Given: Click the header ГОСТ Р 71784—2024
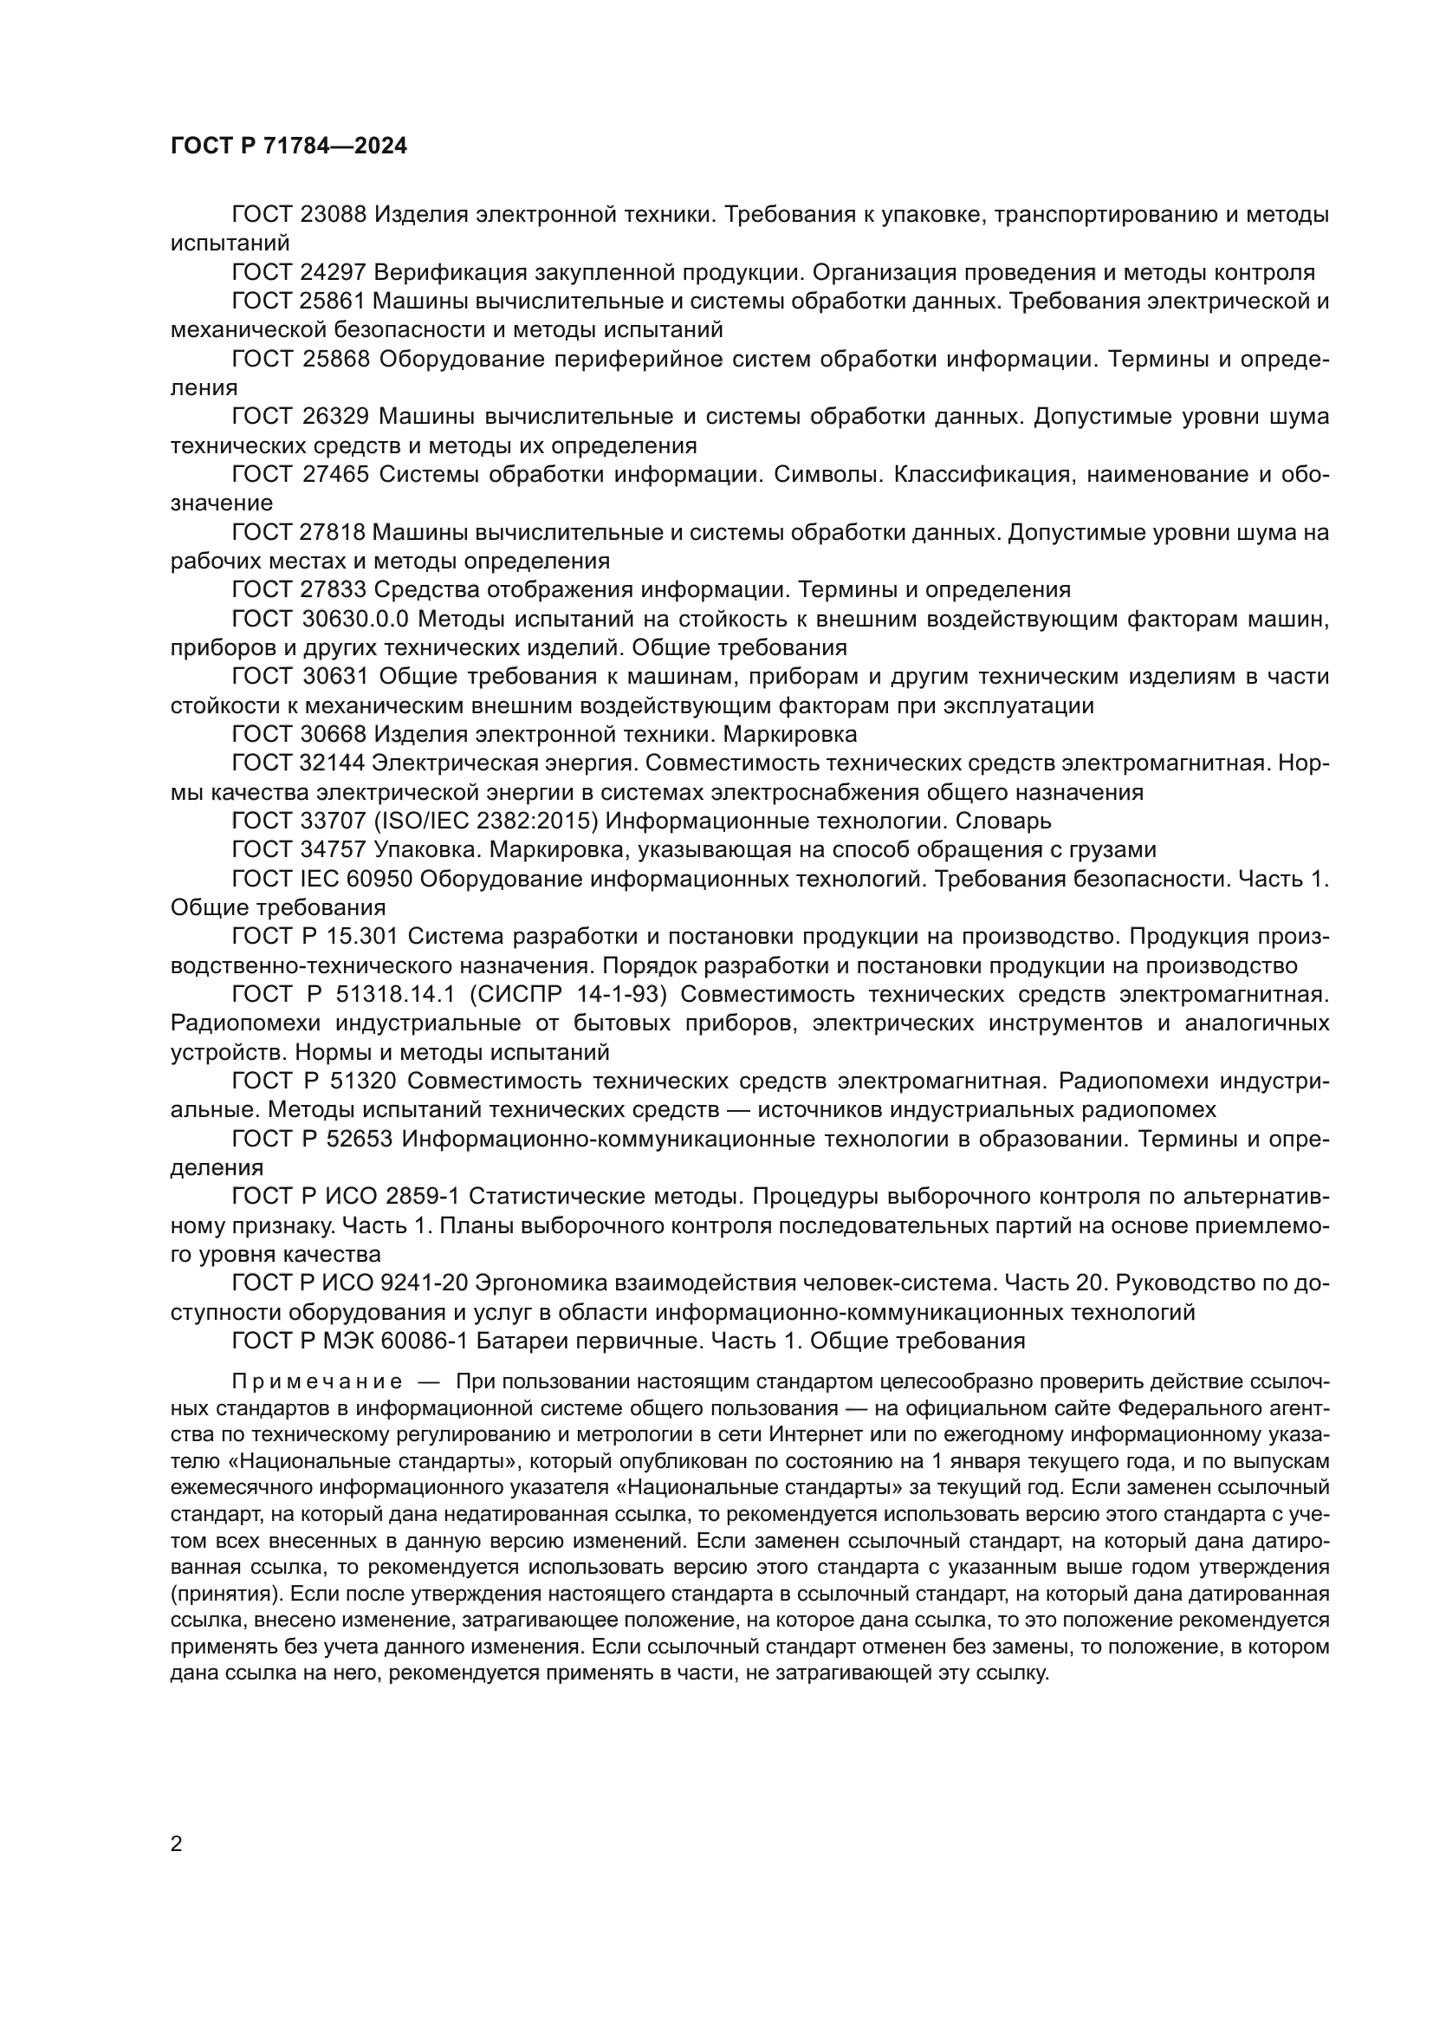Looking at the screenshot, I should coord(289,146).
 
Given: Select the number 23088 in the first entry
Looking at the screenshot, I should coord(333,215).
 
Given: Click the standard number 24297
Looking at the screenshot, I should coord(333,272).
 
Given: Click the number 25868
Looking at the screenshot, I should coord(334,360).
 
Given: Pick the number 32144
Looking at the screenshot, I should coord(333,763).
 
